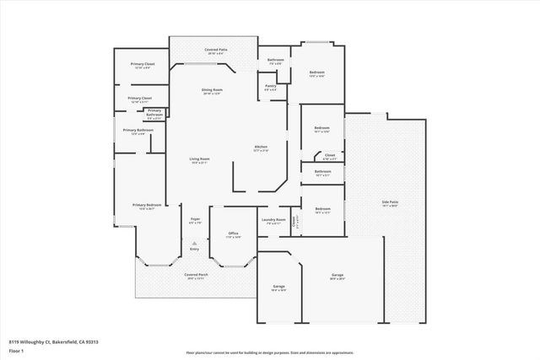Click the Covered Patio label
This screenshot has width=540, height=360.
[x=216, y=51]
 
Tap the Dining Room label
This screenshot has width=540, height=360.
[x=212, y=90]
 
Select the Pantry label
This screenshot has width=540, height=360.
[x=271, y=86]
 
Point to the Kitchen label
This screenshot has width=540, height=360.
[x=261, y=148]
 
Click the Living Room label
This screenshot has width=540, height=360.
[x=199, y=160]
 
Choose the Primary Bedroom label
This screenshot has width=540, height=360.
[x=146, y=206]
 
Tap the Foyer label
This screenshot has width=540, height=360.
[x=194, y=219]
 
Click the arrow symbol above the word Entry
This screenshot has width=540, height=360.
[x=194, y=241]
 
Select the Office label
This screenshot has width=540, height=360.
[x=233, y=234]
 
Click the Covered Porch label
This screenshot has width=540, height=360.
[x=197, y=276]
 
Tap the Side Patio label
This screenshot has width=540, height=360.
[x=390, y=202]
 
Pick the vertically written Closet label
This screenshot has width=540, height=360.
[x=294, y=223]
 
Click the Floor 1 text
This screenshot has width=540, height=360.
[x=17, y=349]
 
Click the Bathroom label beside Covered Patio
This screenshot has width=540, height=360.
[x=275, y=61]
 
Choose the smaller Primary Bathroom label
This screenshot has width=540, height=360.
[x=154, y=112]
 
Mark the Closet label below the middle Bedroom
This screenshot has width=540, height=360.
[x=329, y=155]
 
